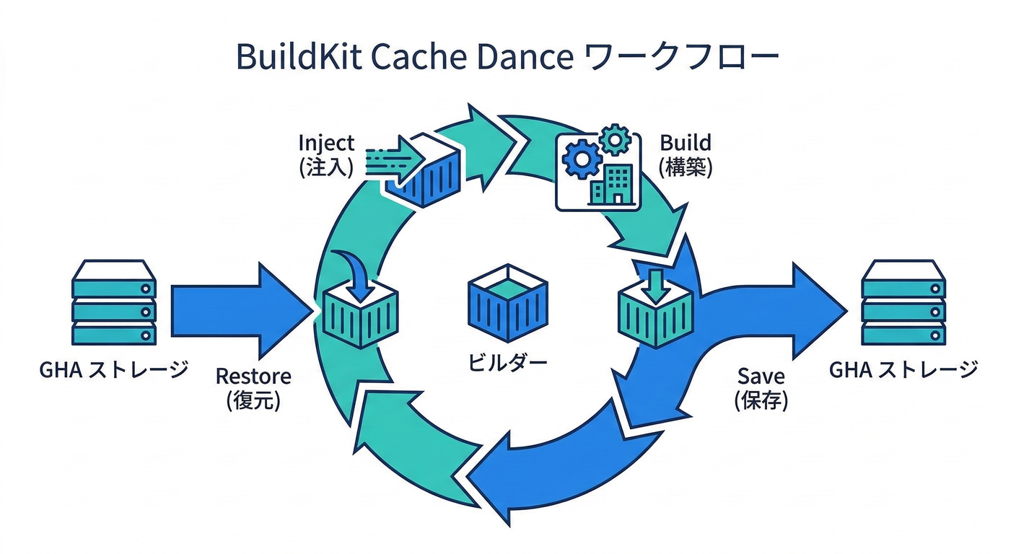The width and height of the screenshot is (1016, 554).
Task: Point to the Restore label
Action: click(253, 376)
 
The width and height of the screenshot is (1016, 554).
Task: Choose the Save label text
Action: click(761, 376)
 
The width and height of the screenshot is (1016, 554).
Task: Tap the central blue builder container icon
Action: click(507, 303)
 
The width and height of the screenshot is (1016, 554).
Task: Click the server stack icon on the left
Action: click(114, 302)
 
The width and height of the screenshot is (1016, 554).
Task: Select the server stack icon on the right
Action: click(903, 302)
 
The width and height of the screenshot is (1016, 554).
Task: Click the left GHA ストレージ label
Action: click(114, 370)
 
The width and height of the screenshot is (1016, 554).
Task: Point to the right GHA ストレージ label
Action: click(903, 370)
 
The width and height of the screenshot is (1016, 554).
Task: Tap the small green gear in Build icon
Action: click(615, 138)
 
